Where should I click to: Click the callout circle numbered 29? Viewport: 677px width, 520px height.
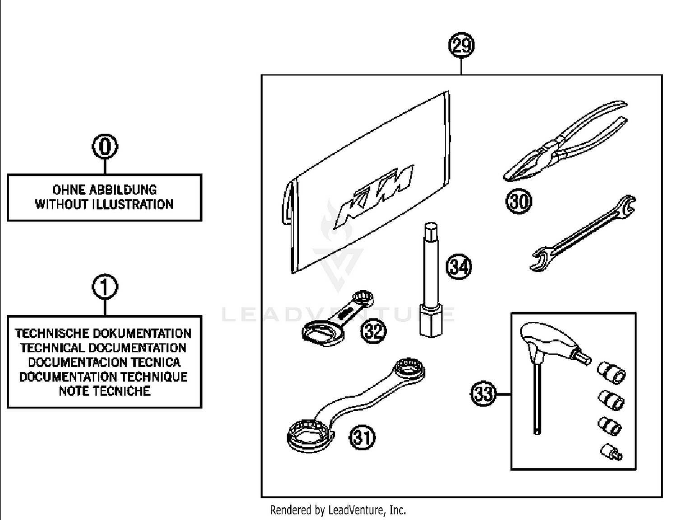pyautogui.click(x=461, y=46)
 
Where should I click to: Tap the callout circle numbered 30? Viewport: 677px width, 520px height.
pyautogui.click(x=519, y=201)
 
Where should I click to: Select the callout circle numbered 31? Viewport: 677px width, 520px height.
pyautogui.click(x=362, y=437)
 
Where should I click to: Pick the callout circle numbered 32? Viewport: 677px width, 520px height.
pyautogui.click(x=373, y=331)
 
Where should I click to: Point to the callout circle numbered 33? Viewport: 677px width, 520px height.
pyautogui.click(x=483, y=394)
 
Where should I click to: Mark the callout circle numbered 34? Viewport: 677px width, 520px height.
pyautogui.click(x=459, y=266)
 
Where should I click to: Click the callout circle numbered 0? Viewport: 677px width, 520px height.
pyautogui.click(x=105, y=147)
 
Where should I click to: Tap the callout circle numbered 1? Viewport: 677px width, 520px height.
pyautogui.click(x=105, y=287)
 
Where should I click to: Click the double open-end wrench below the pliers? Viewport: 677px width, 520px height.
pyautogui.click(x=582, y=234)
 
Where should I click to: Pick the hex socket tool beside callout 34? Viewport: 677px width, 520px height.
pyautogui.click(x=431, y=280)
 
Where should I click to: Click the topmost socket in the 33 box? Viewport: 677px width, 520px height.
pyautogui.click(x=612, y=372)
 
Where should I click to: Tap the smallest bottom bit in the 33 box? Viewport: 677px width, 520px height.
pyautogui.click(x=611, y=452)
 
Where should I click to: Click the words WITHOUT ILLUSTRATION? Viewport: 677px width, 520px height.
pyautogui.click(x=104, y=204)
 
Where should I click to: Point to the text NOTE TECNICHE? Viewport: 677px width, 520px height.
pyautogui.click(x=104, y=391)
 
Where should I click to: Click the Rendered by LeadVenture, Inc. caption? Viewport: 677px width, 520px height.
pyautogui.click(x=338, y=510)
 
